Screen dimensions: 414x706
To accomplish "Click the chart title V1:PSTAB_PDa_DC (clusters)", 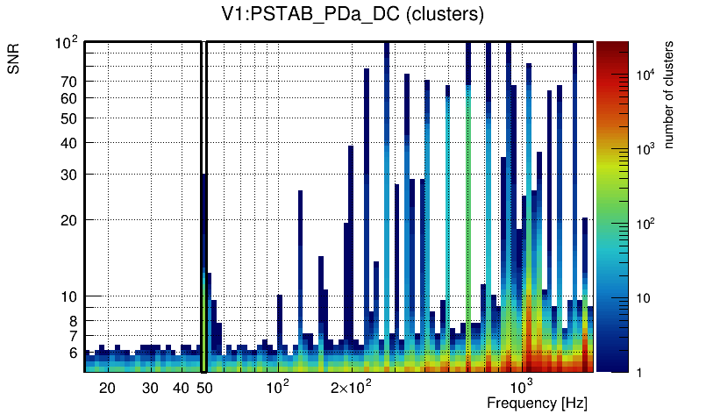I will [352, 15].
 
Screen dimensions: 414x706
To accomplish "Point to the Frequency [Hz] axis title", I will [536, 403].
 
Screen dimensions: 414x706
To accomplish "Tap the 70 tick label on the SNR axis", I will [69, 82].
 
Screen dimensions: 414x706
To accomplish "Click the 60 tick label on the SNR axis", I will [69, 98].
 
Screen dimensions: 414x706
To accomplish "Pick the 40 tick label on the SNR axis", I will [69, 143].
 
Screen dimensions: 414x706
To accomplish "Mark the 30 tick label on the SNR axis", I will [69, 175].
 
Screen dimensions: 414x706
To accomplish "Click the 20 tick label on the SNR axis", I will [69, 220].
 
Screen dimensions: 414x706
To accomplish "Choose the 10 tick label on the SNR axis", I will [69, 297].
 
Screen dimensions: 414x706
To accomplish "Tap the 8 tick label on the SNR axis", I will [73, 322].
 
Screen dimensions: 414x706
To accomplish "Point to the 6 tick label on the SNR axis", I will [73, 353].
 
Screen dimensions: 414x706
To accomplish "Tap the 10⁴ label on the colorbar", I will [645, 75].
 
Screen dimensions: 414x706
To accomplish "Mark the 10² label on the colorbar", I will [645, 225].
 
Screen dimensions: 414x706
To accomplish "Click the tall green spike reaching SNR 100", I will [468, 219].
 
